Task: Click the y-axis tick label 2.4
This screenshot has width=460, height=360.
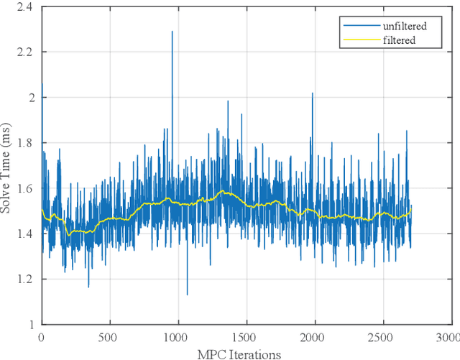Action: (26, 7)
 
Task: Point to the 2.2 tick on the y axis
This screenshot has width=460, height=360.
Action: (26, 52)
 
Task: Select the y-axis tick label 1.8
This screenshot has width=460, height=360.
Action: (26, 142)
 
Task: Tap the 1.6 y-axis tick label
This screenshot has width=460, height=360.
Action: (26, 188)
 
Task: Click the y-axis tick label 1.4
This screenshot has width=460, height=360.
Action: (26, 233)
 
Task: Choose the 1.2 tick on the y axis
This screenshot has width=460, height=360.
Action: (26, 278)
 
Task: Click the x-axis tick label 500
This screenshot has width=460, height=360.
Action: (109, 336)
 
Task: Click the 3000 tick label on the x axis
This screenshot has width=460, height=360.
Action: (446, 336)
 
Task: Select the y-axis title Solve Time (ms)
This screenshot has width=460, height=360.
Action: (8, 167)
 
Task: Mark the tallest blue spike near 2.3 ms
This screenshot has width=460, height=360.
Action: (172, 32)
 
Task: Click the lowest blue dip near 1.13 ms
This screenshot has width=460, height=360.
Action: (187, 293)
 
